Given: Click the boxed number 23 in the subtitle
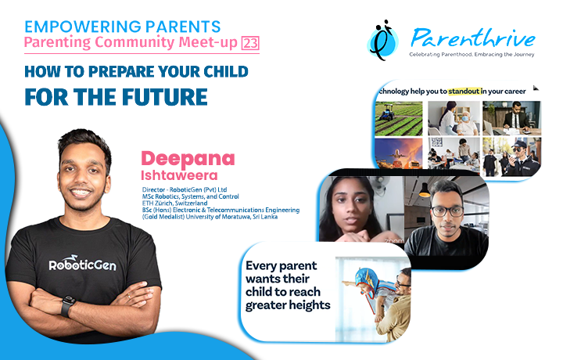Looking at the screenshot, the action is [x=250, y=43].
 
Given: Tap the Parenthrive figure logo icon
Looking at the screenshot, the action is [x=382, y=40].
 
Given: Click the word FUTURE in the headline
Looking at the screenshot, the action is [x=164, y=97].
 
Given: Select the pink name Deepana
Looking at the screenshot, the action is [x=188, y=159].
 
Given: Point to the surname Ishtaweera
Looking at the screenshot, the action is [x=179, y=175].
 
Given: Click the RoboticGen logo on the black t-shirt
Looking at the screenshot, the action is [x=83, y=264].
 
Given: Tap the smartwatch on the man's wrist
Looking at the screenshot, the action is [x=67, y=306].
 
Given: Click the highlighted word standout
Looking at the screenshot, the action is [x=464, y=92].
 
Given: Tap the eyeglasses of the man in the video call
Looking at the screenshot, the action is [x=447, y=211].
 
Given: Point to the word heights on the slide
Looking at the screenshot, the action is [x=310, y=305].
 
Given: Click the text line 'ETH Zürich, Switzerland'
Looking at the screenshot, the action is [x=175, y=203].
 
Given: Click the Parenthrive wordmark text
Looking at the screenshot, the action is [x=473, y=38].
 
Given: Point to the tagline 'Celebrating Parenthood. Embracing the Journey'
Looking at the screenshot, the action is [x=472, y=55].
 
